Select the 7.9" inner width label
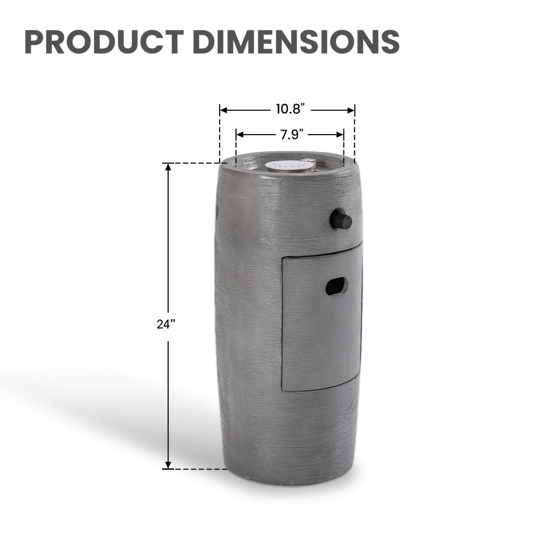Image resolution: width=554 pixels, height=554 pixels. pyautogui.click(x=292, y=134)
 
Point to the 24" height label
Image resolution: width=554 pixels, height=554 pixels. pyautogui.click(x=166, y=324)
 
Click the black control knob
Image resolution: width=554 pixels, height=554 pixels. pyautogui.click(x=341, y=220)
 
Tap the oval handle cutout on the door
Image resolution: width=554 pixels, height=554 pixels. pyautogui.click(x=337, y=286)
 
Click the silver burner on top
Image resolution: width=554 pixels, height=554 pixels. pyautogui.click(x=290, y=166)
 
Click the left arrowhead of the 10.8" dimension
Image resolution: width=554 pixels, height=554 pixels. pyautogui.click(x=223, y=110)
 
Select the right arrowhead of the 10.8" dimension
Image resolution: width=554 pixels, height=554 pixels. pyautogui.click(x=351, y=110)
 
